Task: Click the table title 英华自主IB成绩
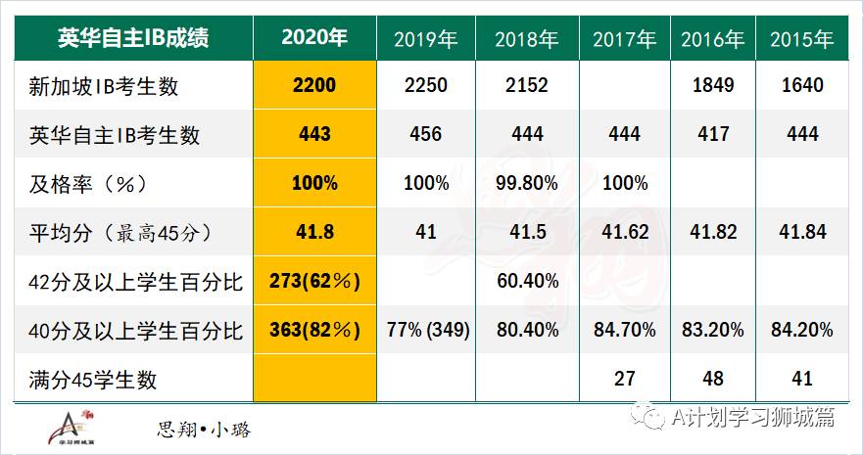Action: [132, 38]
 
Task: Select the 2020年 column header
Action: [313, 38]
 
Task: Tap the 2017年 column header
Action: [625, 39]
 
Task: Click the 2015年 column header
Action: [801, 39]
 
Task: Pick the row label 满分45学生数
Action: [95, 379]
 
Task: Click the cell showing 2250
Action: [425, 85]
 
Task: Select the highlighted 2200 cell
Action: [313, 85]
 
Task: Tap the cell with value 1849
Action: [712, 85]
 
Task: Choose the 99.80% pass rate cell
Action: [526, 183]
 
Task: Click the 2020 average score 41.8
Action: [313, 232]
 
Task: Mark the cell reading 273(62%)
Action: [313, 282]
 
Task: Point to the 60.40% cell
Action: [526, 282]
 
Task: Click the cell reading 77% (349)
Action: [425, 331]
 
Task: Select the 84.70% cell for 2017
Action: [625, 331]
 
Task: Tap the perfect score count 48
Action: [712, 379]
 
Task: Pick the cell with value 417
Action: [712, 134]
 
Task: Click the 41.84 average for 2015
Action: [801, 232]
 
